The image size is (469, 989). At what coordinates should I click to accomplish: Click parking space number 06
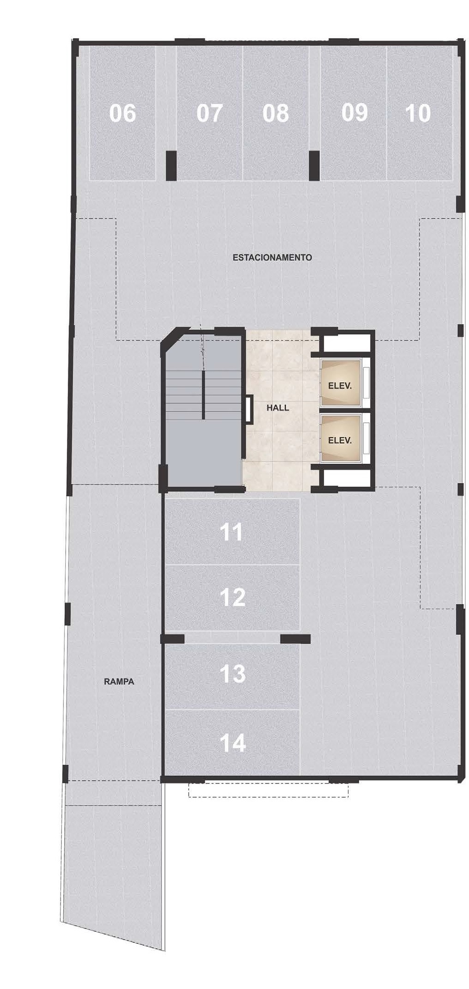[122, 113]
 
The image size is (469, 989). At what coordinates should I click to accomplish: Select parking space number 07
[209, 113]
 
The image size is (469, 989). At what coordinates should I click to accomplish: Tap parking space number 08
[275, 113]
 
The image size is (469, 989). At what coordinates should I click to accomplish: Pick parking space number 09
[354, 113]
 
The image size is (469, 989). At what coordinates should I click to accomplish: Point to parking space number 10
[418, 113]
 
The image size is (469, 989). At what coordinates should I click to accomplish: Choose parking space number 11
[232, 532]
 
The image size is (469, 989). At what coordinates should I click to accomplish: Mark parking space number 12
[232, 597]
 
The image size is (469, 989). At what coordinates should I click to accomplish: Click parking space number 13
[232, 673]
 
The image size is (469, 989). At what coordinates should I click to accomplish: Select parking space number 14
[232, 743]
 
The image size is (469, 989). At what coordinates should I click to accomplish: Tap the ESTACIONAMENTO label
[272, 257]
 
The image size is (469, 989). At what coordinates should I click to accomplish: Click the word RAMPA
[119, 681]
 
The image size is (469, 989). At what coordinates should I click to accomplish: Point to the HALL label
[278, 408]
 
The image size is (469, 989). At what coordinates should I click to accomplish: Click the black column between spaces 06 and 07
[171, 165]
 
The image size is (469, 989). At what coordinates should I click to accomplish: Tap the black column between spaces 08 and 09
[314, 165]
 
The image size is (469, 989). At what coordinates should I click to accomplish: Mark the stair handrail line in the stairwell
[203, 395]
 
